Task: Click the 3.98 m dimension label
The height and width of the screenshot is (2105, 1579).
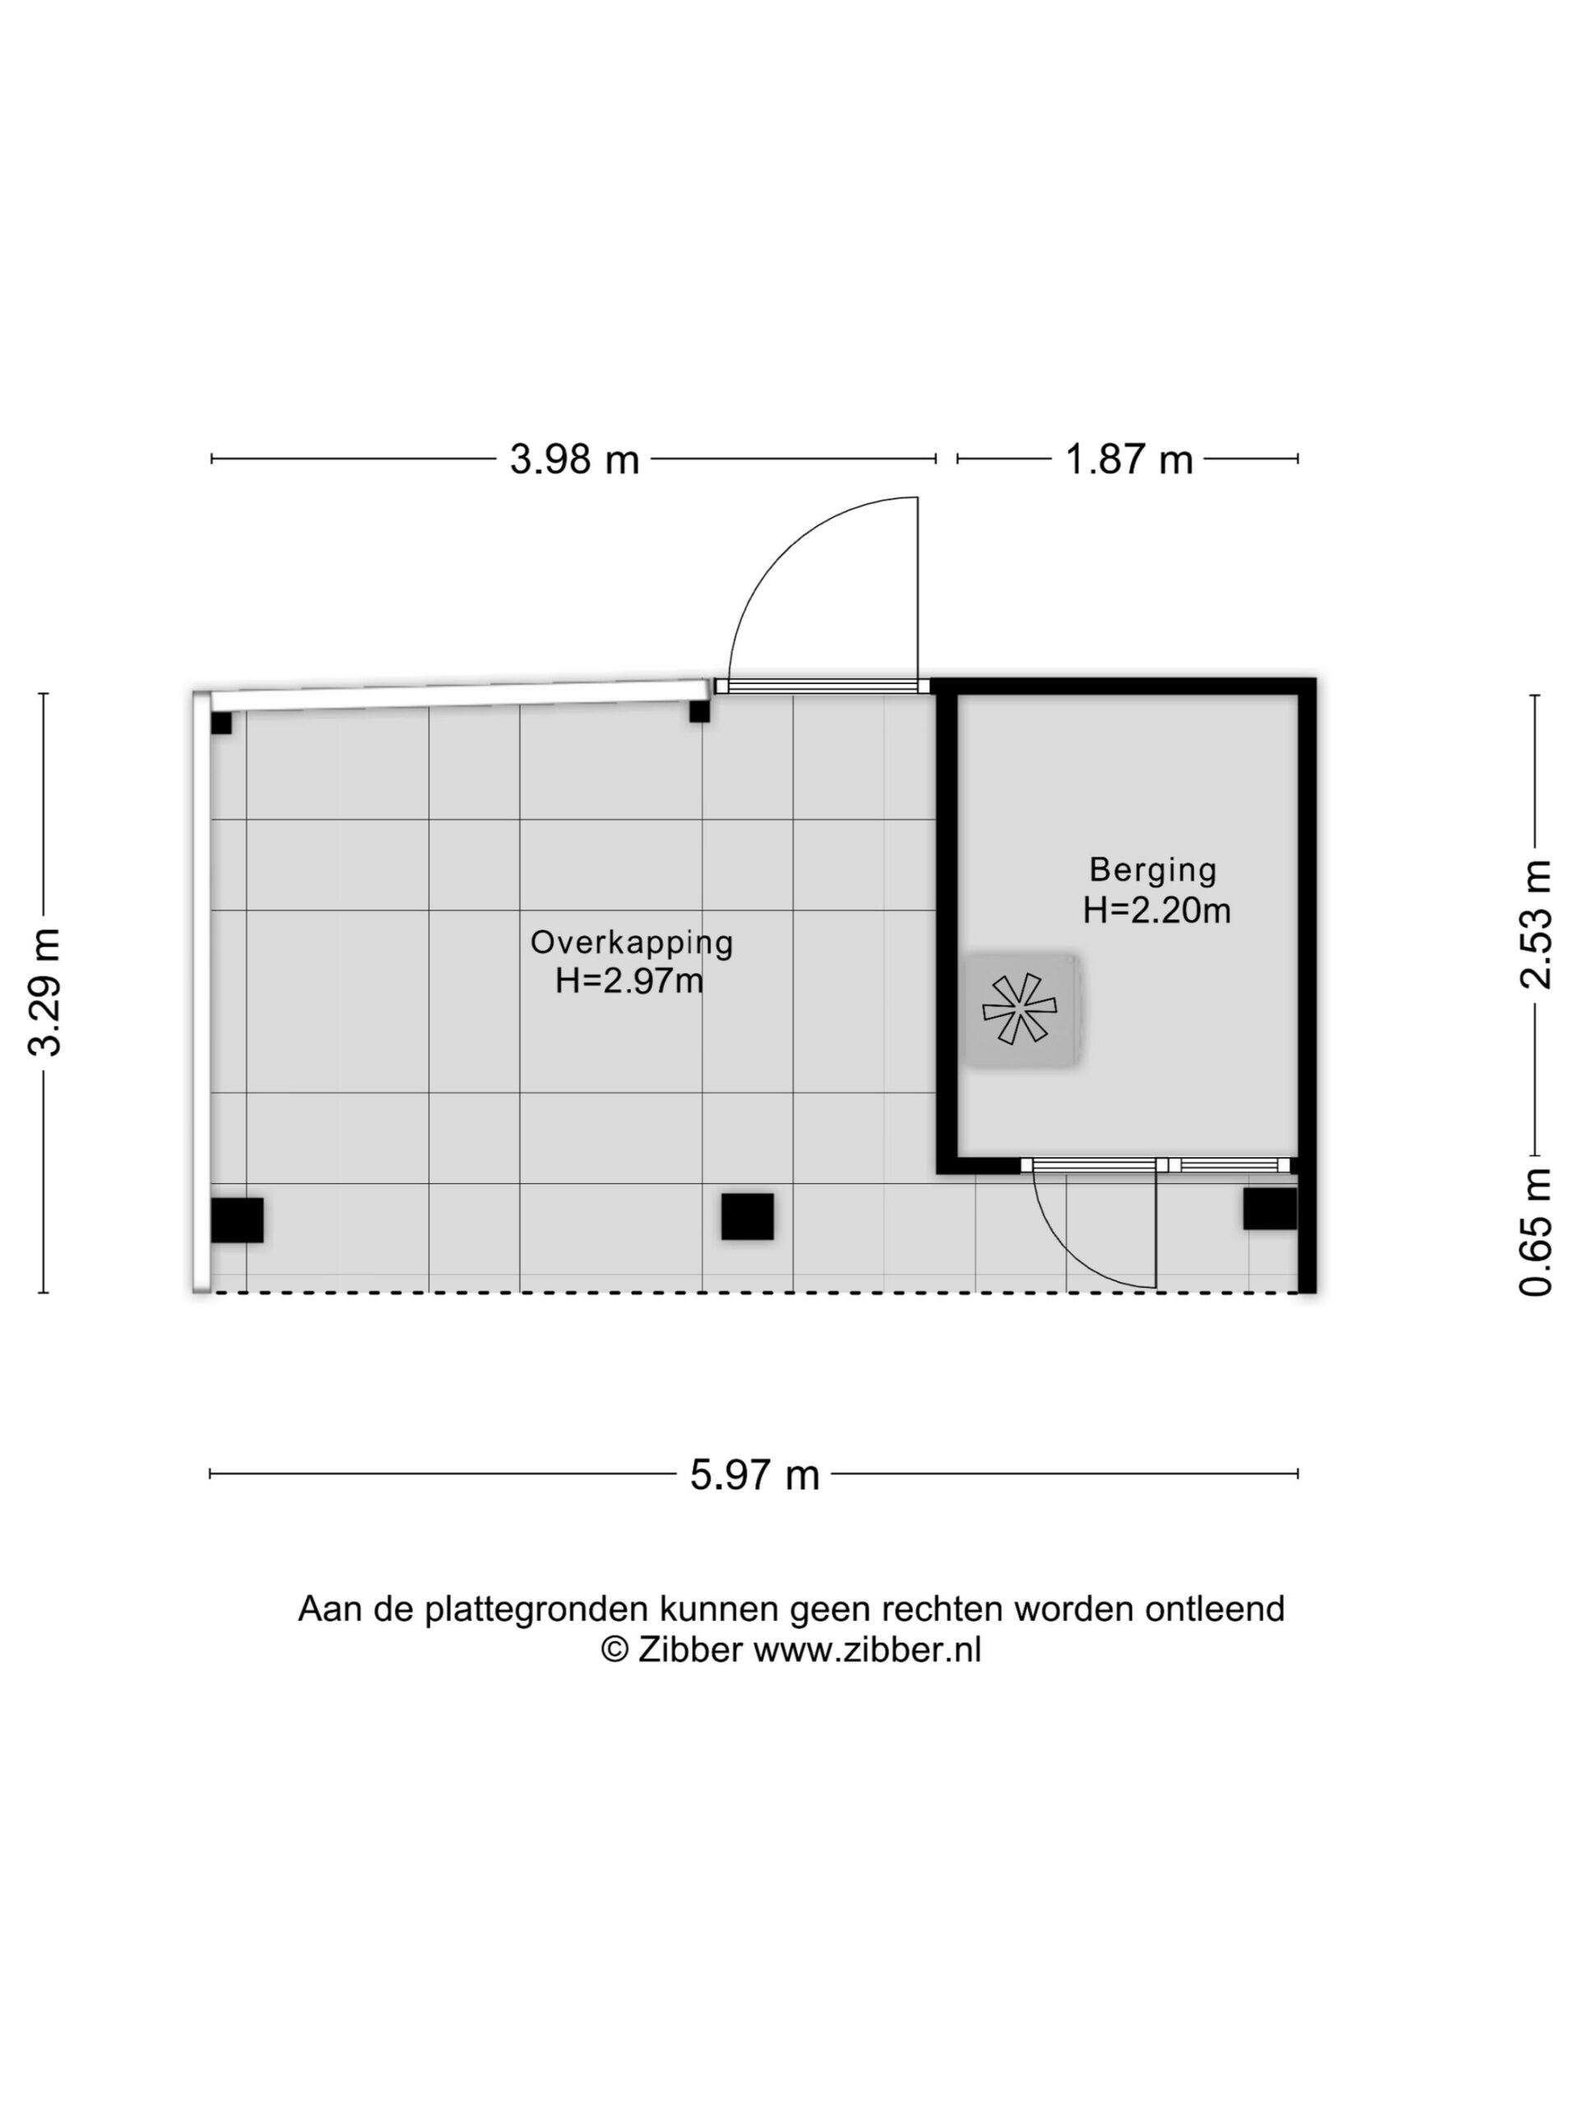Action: (x=574, y=460)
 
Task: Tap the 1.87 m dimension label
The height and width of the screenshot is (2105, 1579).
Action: (x=1128, y=460)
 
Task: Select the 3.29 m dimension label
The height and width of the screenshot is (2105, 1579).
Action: (x=44, y=992)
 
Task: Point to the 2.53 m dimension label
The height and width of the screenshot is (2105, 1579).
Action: (x=1535, y=924)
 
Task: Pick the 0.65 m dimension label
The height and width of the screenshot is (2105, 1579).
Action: (x=1535, y=1232)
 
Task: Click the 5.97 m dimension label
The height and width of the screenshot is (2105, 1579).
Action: (x=755, y=1475)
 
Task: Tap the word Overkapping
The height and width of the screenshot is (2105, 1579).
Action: (x=632, y=942)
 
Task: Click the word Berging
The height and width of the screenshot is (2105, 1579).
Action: (x=1153, y=870)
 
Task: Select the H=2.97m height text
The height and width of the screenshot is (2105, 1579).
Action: (x=629, y=980)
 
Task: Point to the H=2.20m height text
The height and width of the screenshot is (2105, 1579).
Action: (x=1156, y=911)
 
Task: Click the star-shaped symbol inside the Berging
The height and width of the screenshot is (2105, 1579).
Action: (x=1018, y=1009)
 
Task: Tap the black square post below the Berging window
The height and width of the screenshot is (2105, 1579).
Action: (x=1270, y=1209)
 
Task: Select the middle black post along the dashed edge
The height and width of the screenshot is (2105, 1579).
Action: (x=747, y=1216)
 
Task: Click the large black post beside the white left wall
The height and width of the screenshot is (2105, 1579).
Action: (x=237, y=1220)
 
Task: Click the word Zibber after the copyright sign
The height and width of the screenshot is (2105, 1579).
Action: (x=689, y=1649)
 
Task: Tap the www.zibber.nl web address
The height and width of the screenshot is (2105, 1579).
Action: (x=867, y=1649)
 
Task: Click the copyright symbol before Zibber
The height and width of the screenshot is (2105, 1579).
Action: (x=615, y=1649)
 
